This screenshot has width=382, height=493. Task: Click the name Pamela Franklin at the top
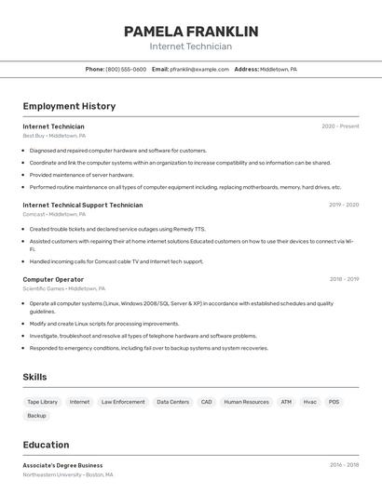[x=191, y=32]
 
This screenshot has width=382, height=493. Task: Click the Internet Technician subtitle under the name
[x=191, y=47]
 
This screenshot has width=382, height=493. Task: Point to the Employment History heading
[x=69, y=106]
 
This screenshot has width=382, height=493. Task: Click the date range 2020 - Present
[x=340, y=127]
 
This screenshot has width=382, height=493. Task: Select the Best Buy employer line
[x=54, y=136]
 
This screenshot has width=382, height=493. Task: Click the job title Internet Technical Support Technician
[x=83, y=205]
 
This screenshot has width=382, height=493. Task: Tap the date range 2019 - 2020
[x=344, y=205]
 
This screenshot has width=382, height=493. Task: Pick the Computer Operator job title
[x=53, y=279]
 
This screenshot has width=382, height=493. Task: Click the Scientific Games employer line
[x=64, y=288]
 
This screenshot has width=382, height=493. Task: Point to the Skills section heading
[x=35, y=377]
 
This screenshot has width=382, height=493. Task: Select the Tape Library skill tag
[x=43, y=402]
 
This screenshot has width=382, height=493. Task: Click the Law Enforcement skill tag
[x=123, y=402]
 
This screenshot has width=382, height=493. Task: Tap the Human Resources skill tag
[x=246, y=402]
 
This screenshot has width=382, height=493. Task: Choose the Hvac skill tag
[x=310, y=402]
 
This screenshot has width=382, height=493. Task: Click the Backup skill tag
[x=36, y=416]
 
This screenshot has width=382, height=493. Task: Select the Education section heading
[x=46, y=445]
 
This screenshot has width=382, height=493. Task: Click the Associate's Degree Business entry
[x=62, y=465]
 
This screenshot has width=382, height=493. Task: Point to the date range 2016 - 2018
[x=344, y=465]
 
